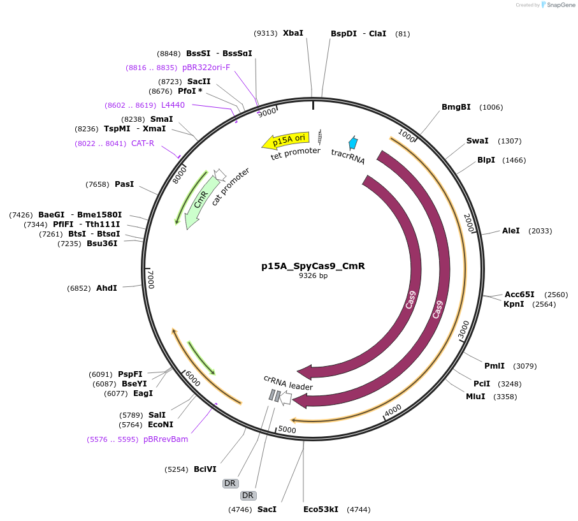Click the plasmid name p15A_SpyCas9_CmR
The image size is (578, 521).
click(313, 266)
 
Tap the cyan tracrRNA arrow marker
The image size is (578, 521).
click(352, 143)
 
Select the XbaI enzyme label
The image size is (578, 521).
click(293, 33)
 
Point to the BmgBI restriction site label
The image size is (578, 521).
click(456, 107)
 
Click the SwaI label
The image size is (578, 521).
click(477, 141)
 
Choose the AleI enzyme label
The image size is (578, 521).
click(511, 231)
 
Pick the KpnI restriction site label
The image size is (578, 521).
click(514, 304)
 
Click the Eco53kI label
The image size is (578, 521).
click(321, 510)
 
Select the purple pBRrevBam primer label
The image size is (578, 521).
click(166, 439)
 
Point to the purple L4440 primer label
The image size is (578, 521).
click(173, 105)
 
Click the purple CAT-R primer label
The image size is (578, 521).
click(143, 143)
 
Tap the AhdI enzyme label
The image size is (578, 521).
click(106, 288)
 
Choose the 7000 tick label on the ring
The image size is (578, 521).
click(151, 279)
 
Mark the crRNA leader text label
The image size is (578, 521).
click(288, 382)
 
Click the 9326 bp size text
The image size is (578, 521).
click(313, 276)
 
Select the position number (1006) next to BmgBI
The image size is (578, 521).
click(491, 107)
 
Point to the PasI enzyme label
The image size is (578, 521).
click(124, 184)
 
